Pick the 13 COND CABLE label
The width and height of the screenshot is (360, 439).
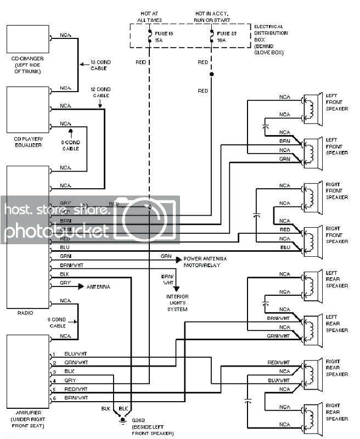pos(100,66)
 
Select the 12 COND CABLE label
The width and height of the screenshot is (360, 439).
pos(100,92)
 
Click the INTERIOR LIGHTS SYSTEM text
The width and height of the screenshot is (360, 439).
pos(177,303)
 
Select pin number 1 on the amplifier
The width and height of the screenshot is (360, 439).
pos(53,354)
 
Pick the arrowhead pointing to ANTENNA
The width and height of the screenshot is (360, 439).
pos(81,286)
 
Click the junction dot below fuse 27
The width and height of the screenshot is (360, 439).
pos(212,74)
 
